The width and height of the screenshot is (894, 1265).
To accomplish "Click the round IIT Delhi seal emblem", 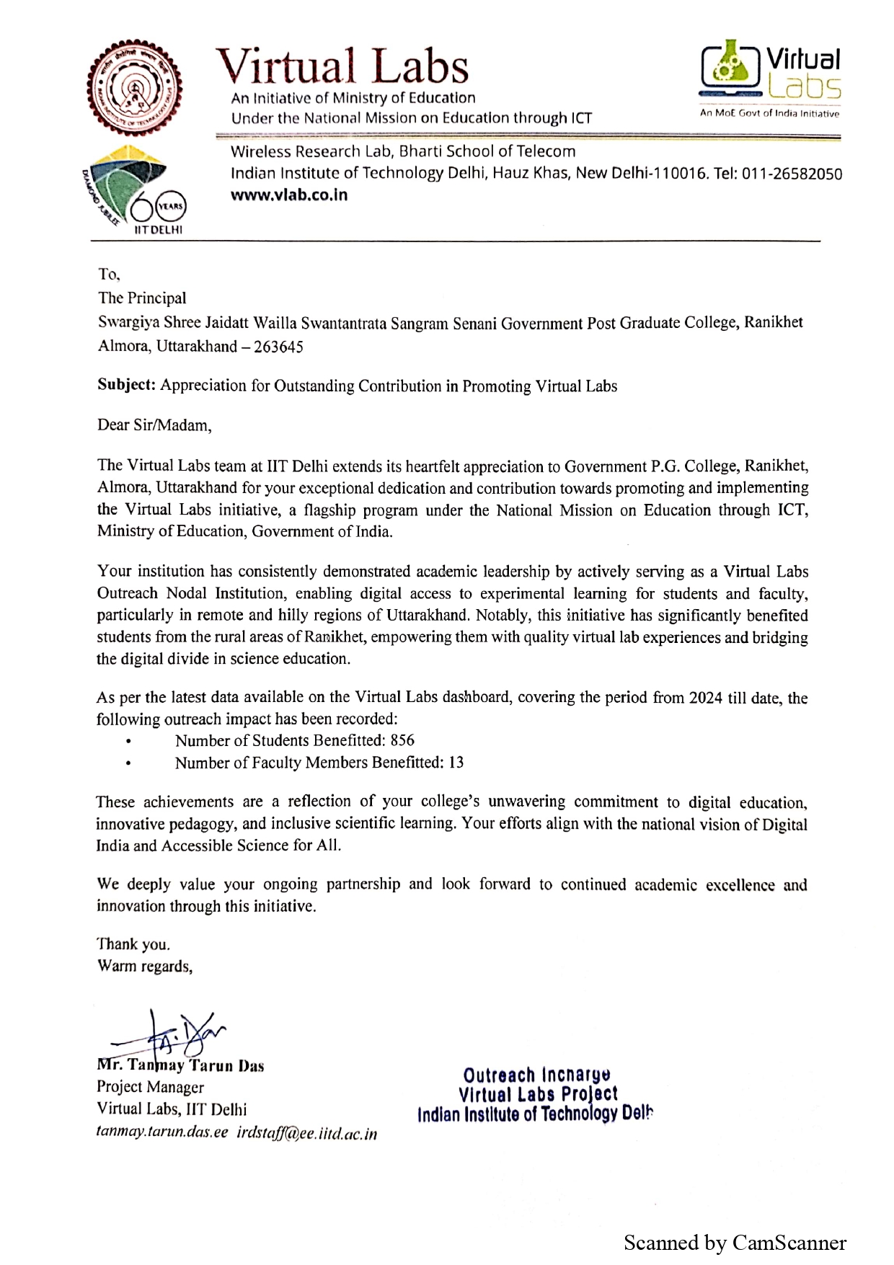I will (134, 89).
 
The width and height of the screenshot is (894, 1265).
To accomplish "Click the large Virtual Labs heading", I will (342, 66).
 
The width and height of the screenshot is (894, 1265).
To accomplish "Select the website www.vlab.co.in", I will (288, 195).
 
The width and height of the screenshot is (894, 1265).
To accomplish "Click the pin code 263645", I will (278, 347).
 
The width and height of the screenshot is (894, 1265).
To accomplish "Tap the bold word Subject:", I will (127, 386).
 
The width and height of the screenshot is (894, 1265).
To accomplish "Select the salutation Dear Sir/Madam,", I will (154, 425).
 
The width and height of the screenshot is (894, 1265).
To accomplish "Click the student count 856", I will (402, 740).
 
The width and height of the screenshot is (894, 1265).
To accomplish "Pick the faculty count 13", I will (456, 762).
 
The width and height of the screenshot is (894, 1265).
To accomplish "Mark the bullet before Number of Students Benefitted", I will (128, 741).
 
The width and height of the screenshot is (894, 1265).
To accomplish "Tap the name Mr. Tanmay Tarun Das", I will (180, 1065).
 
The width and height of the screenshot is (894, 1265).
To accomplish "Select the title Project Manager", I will (150, 1087).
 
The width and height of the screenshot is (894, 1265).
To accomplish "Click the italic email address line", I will (236, 1132).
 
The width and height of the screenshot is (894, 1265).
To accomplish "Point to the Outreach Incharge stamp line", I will (536, 1075).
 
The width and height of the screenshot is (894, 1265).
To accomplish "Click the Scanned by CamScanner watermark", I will (734, 1243).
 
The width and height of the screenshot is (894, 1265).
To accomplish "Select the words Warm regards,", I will (145, 967).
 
